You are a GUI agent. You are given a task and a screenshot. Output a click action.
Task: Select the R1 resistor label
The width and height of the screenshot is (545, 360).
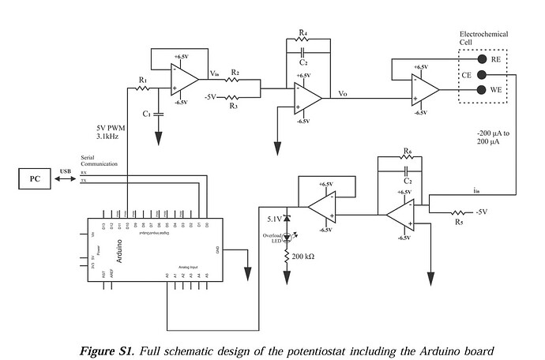coord(142,81)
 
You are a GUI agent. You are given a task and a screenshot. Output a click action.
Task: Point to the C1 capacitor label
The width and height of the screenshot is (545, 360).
coord(148,114)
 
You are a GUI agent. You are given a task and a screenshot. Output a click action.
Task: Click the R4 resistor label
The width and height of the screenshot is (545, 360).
coord(303,34)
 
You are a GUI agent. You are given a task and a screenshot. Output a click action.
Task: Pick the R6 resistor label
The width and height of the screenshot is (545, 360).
coord(407,151)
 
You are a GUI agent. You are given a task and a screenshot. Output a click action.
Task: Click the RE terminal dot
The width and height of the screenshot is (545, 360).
coord(480,58)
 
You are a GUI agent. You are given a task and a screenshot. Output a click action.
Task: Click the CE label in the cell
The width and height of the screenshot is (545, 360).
coord(468,75)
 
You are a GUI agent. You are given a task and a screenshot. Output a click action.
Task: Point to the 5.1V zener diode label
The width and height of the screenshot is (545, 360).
coord(272,219)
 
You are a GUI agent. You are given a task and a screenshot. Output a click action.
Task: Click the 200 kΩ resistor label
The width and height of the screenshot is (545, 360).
coord(303,257)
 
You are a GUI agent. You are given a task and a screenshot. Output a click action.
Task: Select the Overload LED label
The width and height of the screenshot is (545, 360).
coord(272,238)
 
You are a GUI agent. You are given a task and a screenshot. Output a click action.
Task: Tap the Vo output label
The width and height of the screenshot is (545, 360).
coord(342,93)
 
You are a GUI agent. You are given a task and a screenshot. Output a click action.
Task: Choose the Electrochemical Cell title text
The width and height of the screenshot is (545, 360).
coord(483,39)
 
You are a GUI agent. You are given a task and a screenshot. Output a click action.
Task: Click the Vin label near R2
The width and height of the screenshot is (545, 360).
coord(214,74)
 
